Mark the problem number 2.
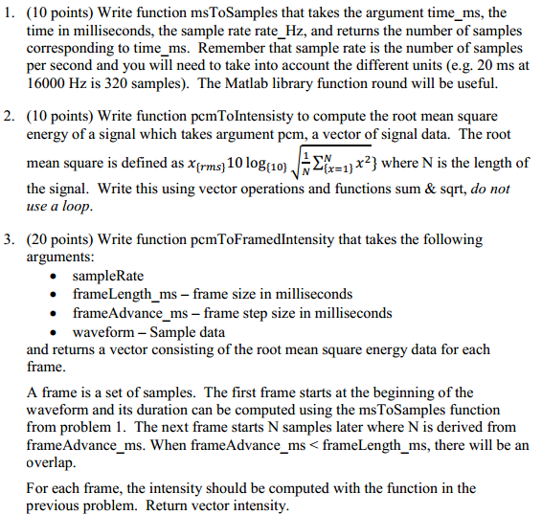click(x=9, y=119)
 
